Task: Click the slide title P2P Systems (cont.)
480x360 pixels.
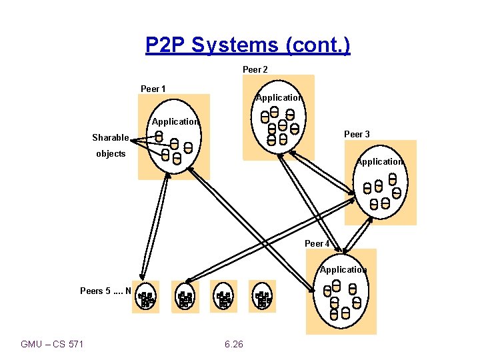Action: [247, 45]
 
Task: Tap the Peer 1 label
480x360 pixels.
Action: [153, 89]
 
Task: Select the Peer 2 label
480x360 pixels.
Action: [255, 69]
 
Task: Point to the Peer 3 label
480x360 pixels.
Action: [357, 134]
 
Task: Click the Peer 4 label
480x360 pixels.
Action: [317, 243]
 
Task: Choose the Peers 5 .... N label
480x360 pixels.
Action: [106, 291]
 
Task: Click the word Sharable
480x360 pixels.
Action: [111, 138]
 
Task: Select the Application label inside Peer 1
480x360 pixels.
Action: [175, 122]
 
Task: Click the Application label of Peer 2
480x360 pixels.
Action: [279, 98]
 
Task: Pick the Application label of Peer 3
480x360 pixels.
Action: [379, 162]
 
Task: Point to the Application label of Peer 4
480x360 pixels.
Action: [343, 270]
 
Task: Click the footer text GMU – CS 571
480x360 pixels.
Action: [53, 344]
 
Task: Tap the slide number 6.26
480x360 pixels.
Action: [234, 344]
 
